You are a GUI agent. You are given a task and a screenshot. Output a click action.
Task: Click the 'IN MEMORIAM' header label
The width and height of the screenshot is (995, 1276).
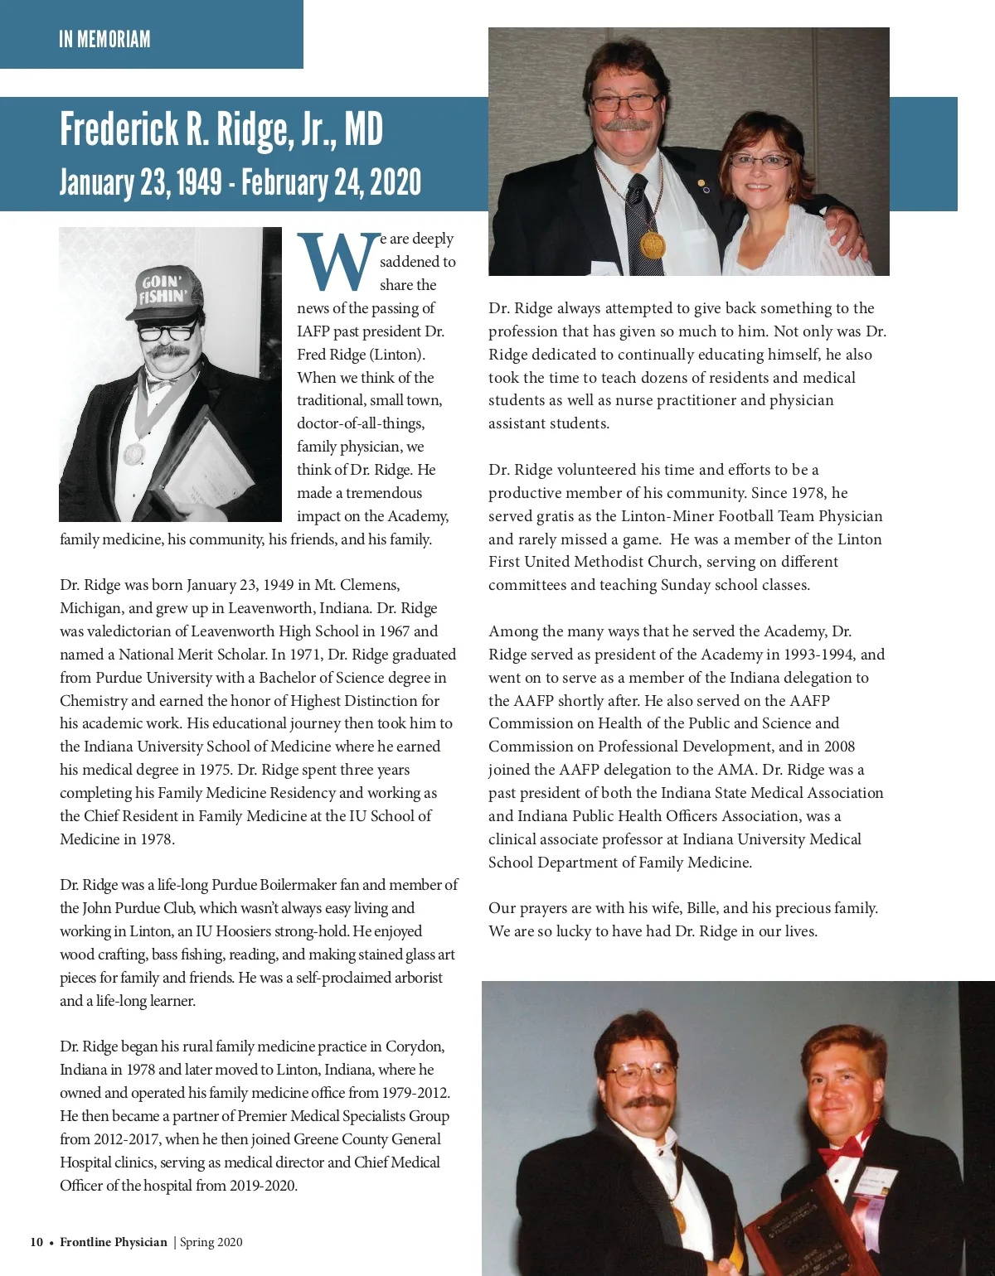(104, 39)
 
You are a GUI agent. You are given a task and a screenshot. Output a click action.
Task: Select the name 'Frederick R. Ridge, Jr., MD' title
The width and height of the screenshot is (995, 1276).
(221, 129)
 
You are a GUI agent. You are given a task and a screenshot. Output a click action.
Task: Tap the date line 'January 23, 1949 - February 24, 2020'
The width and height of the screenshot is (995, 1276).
(240, 182)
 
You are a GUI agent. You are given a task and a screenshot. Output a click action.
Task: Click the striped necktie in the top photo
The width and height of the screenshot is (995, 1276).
(638, 210)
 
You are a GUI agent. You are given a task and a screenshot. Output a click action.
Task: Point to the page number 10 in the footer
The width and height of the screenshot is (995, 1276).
(36, 1242)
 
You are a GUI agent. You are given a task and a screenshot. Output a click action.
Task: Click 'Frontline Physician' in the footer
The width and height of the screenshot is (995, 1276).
(114, 1242)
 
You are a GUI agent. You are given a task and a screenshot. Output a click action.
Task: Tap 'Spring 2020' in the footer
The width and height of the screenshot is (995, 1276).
(211, 1242)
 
